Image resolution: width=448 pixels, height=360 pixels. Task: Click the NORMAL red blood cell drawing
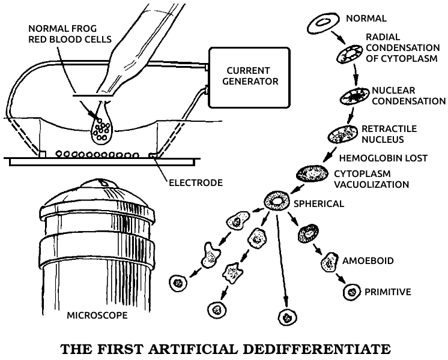[322, 23]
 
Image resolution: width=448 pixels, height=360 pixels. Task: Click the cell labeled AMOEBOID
[329, 262]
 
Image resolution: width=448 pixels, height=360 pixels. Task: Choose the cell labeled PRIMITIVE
[351, 292]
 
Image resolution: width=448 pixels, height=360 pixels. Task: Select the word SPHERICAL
[318, 203]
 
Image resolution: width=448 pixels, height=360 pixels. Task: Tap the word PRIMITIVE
[387, 292]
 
